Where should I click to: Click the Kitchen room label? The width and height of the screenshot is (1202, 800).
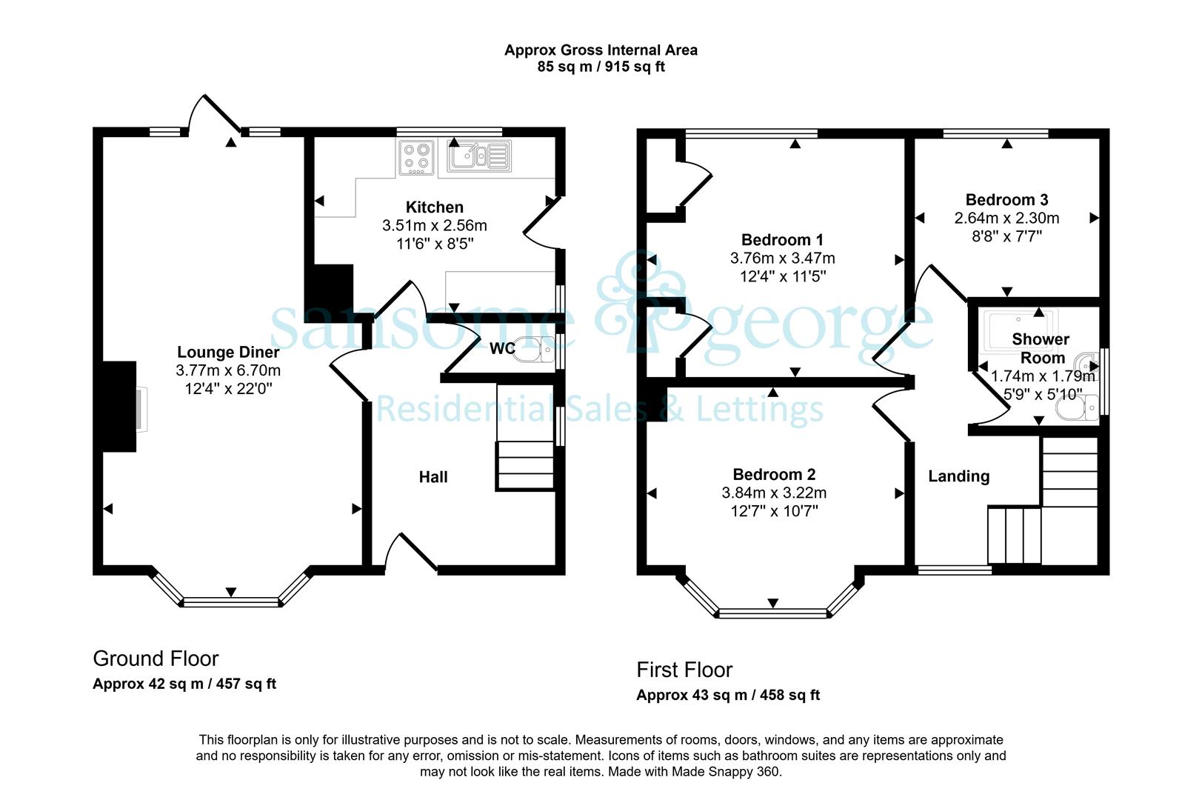(434, 207)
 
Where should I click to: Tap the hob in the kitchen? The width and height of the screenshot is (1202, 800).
(416, 157)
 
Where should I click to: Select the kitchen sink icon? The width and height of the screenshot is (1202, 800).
(479, 156)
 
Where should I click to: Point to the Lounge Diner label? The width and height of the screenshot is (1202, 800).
(228, 352)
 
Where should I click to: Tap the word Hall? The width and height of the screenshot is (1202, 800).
(433, 477)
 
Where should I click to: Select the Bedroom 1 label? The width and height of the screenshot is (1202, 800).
(782, 239)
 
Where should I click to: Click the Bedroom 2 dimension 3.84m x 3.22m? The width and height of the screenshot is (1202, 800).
(774, 493)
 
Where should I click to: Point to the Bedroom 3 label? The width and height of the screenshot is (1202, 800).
(1006, 199)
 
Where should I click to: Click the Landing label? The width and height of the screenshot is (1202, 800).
(959, 476)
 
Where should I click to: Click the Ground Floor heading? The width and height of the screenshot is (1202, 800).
(156, 659)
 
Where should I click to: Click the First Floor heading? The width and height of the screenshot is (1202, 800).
(684, 670)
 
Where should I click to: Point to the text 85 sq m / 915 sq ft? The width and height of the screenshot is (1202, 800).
(601, 67)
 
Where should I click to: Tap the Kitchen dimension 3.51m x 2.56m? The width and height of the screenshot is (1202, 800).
(434, 225)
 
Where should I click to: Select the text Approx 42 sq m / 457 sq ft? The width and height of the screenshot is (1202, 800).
(184, 684)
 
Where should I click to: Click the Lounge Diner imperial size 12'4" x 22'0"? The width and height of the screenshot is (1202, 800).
(228, 388)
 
